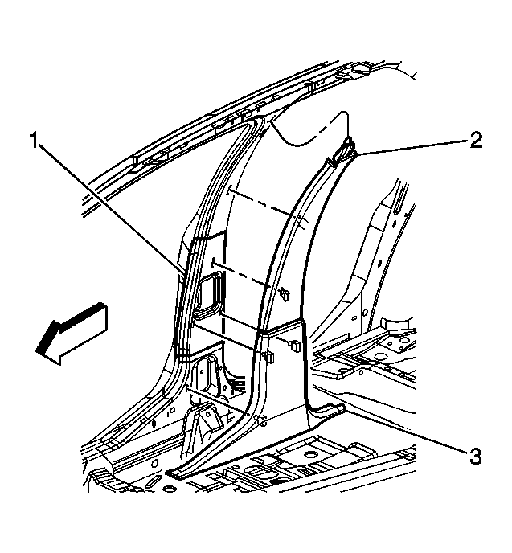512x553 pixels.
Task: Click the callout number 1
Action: point(34,140)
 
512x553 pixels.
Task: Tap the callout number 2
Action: point(475,140)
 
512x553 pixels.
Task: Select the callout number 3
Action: point(475,457)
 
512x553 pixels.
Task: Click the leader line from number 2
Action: point(412,147)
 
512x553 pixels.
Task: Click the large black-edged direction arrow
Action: point(72,334)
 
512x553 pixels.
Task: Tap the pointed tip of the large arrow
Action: point(37,351)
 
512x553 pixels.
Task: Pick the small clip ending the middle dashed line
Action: point(285,294)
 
